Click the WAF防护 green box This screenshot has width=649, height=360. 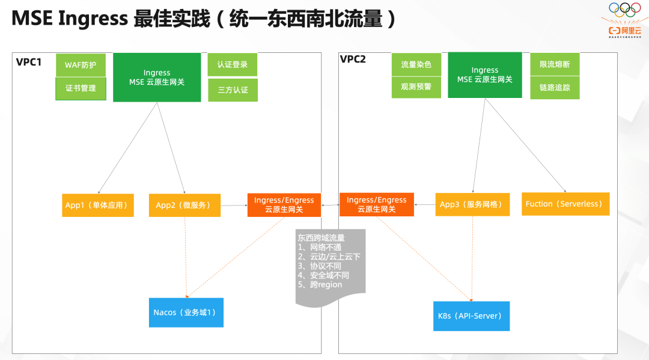tap(81, 65)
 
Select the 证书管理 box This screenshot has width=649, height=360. tap(81, 88)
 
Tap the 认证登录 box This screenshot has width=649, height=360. tap(233, 65)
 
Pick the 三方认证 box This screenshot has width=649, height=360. tap(233, 90)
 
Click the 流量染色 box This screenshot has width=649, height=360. tap(416, 65)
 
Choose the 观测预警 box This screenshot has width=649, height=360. tap(416, 87)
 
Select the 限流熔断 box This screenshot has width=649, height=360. tap(555, 65)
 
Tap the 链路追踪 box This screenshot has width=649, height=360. tap(555, 88)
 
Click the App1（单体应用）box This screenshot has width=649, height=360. tap(97, 205)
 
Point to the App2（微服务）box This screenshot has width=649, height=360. tap(184, 205)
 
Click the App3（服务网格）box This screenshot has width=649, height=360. tap(472, 204)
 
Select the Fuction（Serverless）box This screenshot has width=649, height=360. tap(565, 204)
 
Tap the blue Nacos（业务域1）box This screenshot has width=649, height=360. tap(186, 313)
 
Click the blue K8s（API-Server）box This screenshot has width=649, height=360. tap(471, 316)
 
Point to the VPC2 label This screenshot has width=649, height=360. tap(353, 59)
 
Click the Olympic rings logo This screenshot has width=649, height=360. tap(625, 10)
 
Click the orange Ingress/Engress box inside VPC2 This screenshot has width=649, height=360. tap(377, 204)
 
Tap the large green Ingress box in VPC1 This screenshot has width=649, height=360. tap(157, 78)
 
